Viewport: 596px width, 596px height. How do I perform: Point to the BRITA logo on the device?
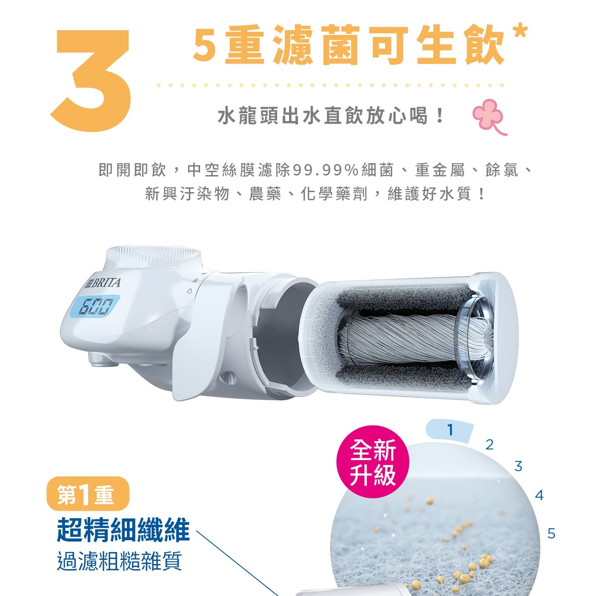(x=104, y=283)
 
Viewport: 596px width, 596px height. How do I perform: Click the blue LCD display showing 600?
(x=94, y=306)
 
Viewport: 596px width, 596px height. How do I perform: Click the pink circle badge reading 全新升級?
(x=372, y=462)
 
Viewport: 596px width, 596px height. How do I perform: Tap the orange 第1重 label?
(x=87, y=494)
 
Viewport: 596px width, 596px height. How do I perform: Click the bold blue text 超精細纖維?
(x=123, y=530)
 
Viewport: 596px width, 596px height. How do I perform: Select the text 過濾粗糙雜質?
(x=119, y=561)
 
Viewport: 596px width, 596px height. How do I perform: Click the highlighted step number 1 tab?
(x=450, y=430)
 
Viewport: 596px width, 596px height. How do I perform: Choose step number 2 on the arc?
(x=489, y=445)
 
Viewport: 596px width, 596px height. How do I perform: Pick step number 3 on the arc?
(x=518, y=466)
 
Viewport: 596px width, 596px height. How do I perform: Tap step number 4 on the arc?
(x=539, y=495)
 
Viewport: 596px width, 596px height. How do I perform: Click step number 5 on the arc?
(x=551, y=533)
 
